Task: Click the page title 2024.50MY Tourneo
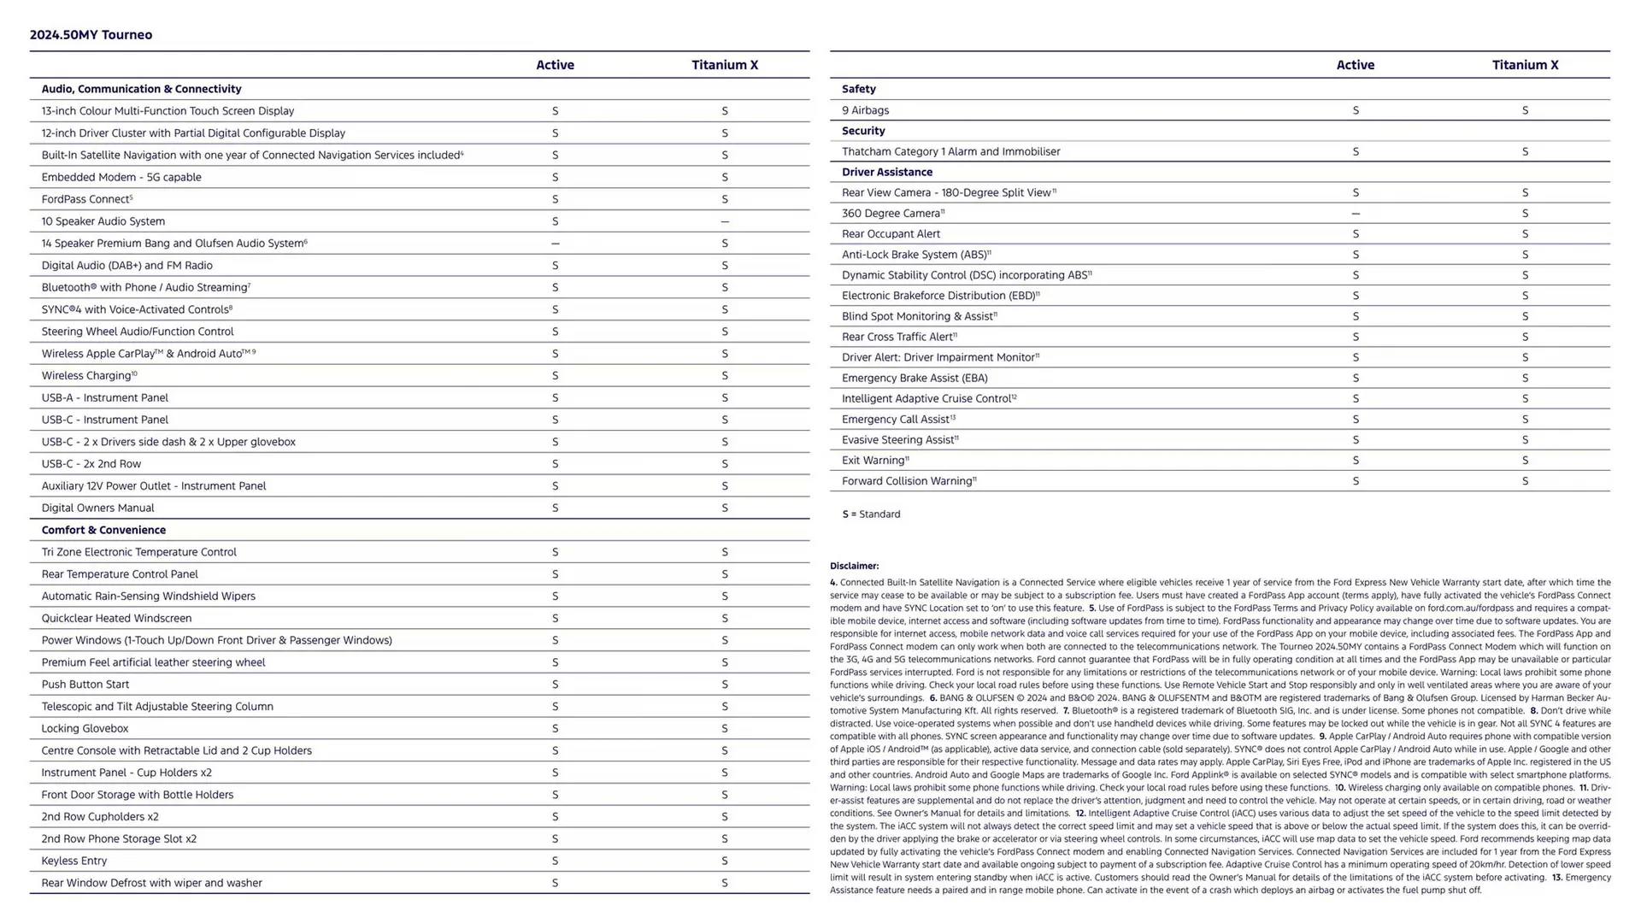(91, 35)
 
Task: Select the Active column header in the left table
(555, 65)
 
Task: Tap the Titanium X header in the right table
(1525, 65)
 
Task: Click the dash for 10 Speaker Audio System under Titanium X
(725, 221)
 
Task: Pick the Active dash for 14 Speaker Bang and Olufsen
(555, 244)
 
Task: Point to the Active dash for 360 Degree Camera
(1356, 214)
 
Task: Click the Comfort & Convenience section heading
(103, 530)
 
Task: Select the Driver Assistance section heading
(886, 172)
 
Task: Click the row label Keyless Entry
(74, 861)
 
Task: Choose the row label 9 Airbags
(865, 110)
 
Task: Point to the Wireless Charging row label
(87, 375)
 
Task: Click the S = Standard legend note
(871, 514)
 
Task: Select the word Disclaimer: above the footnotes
(854, 566)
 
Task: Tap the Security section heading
(863, 131)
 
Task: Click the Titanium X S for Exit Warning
(1525, 461)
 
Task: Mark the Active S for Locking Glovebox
(555, 729)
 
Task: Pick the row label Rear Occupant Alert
(891, 234)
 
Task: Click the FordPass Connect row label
(85, 199)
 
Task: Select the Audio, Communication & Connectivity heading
(141, 89)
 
